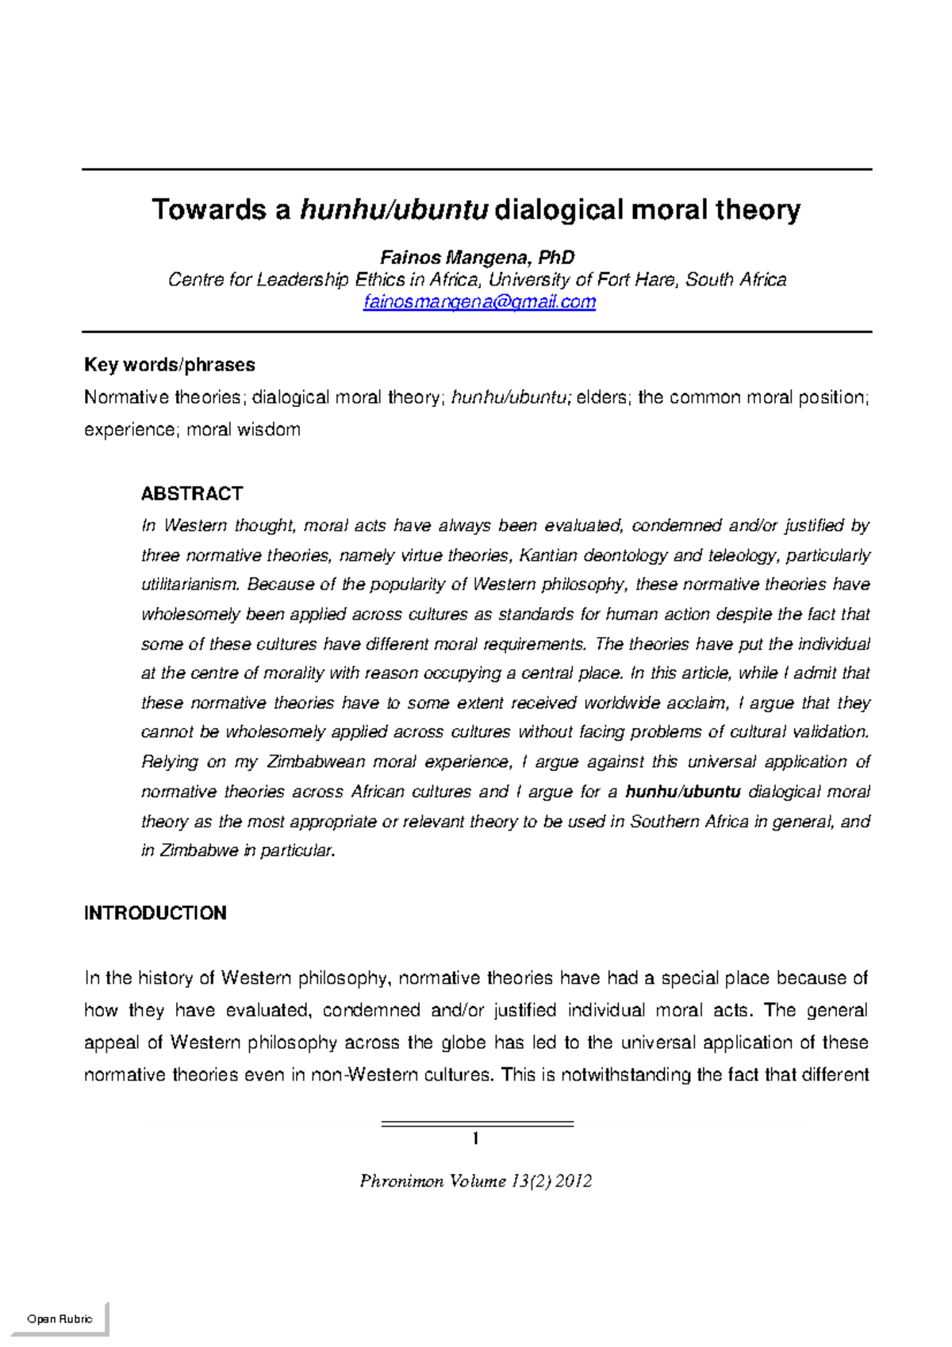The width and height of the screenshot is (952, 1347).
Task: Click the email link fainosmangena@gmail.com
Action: point(479,302)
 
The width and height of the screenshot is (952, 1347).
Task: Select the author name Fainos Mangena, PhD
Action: point(477,258)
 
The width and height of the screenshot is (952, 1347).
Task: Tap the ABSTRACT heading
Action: point(191,493)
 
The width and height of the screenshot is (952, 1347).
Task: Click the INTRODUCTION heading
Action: point(155,913)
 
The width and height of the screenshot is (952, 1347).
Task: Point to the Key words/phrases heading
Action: point(169,365)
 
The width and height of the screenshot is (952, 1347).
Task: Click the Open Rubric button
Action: point(59,1319)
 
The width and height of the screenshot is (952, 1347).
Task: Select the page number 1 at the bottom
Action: point(475,1139)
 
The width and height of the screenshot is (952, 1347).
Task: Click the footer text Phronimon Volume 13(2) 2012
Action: point(476,1181)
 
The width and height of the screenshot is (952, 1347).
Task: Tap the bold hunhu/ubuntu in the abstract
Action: point(683,792)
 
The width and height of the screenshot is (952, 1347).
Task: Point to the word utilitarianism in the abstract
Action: point(190,585)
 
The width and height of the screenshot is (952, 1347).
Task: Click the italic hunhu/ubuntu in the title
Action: point(393,210)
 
